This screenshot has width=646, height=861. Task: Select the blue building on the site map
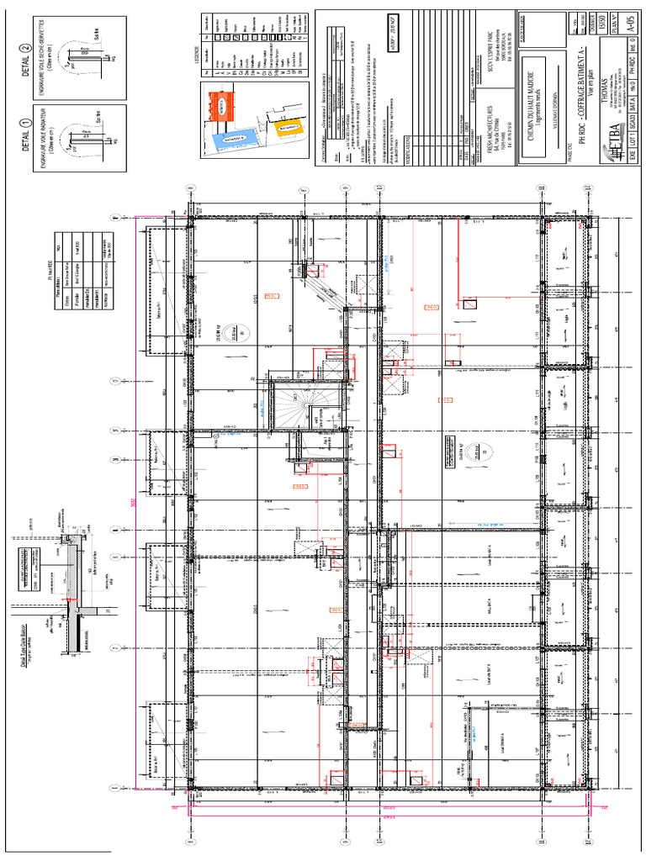(229, 137)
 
